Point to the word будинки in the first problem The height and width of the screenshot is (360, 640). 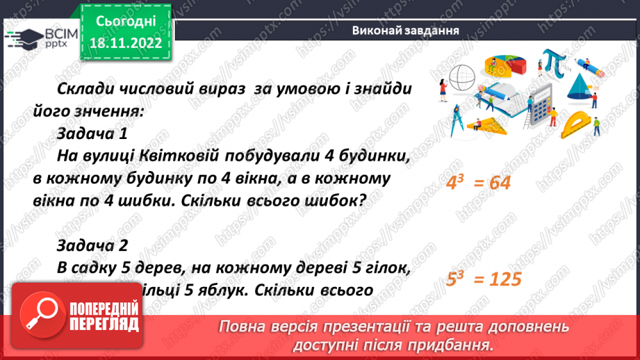pyautogui.click(x=372, y=157)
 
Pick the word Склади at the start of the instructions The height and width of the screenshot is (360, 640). pyautogui.click(x=83, y=90)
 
